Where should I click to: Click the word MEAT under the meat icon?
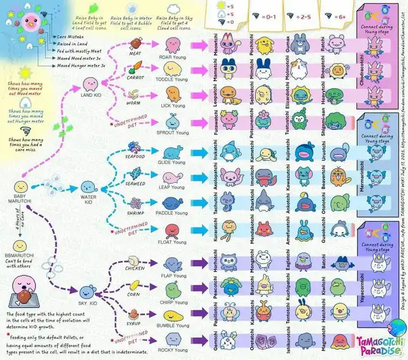(x=135, y=54)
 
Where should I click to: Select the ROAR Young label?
(x=173, y=57)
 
